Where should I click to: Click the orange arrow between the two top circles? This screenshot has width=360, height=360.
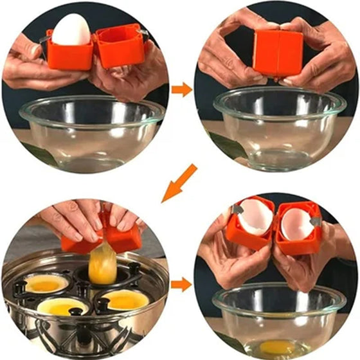click(183, 89)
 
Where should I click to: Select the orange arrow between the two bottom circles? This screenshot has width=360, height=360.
click(183, 284)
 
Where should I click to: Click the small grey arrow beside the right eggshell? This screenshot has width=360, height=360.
click(315, 221)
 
